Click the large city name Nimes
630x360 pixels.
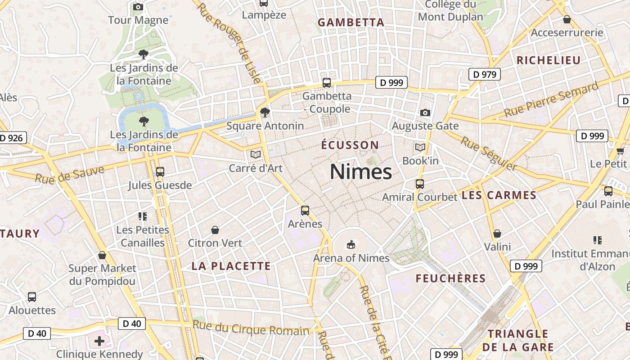coord(361,172)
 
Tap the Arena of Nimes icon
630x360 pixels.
coord(351,245)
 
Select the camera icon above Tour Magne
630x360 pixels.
coord(138,7)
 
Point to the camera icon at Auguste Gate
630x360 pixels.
coord(425,112)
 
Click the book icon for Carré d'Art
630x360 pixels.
coord(256,155)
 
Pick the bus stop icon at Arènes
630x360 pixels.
coord(305,210)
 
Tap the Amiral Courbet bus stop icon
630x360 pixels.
coord(419,184)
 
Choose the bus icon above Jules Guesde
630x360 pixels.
coord(160,171)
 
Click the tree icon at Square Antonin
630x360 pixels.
coord(265,112)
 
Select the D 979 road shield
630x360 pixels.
coord(485,74)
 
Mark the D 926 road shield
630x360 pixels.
coord(12,138)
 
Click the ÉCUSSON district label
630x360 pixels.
coord(350,145)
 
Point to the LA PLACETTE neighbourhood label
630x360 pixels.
coord(231,266)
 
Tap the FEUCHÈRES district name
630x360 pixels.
coord(450,279)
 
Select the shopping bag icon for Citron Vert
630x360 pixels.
coord(215,230)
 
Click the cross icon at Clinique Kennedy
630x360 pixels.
coord(99,341)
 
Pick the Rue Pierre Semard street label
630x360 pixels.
coord(551,100)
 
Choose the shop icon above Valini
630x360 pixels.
coord(497,234)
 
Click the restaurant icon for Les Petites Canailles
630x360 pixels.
coord(143,216)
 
